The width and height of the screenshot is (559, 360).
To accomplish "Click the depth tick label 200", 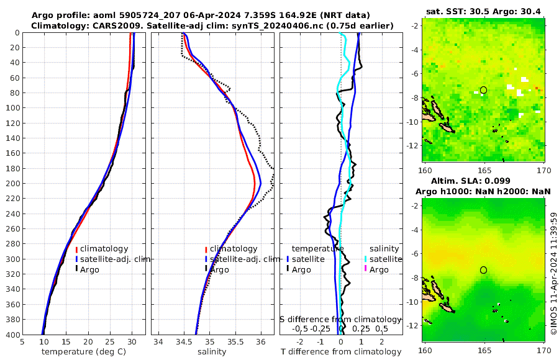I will click(11, 184).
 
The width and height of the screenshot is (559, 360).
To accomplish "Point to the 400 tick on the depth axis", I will click(11, 335).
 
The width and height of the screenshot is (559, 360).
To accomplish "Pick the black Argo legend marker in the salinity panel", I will click(206, 269).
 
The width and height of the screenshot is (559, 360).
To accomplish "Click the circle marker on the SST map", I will click(483, 90).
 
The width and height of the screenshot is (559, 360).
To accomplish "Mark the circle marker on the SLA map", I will click(483, 269).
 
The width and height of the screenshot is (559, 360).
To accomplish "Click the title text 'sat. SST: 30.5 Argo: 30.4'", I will click(483, 11).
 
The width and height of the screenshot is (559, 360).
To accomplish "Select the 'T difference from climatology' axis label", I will click(341, 352).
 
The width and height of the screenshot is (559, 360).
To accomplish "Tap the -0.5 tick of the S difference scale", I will click(300, 328).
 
